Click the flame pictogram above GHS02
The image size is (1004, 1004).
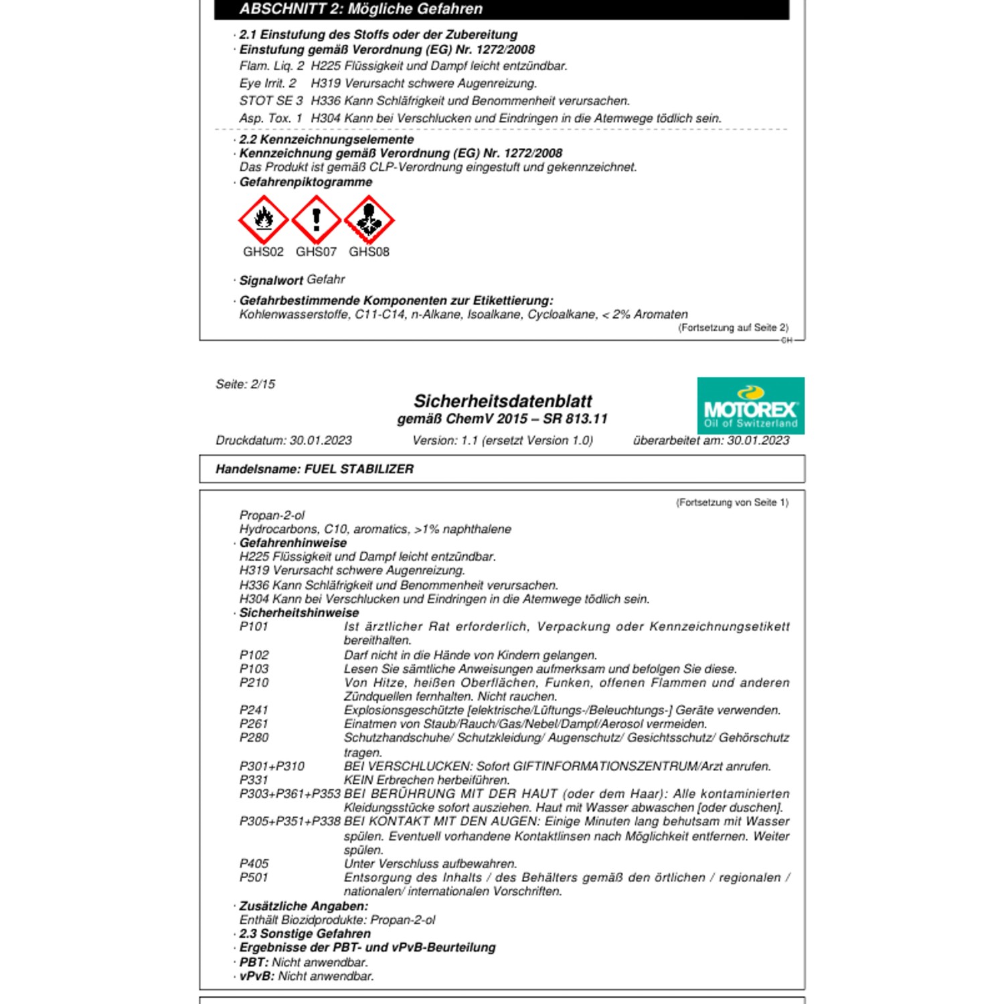(x=263, y=220)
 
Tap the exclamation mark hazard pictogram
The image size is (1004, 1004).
(x=316, y=220)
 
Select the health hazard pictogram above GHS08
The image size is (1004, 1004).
(x=369, y=220)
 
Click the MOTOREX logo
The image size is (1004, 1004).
(x=750, y=406)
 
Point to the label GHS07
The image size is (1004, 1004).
(x=316, y=252)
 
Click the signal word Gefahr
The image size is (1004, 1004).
(x=326, y=279)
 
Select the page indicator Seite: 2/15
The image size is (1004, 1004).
(x=245, y=384)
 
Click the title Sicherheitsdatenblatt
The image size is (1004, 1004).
(x=503, y=401)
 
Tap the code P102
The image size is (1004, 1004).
(x=254, y=655)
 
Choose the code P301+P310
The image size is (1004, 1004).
(x=272, y=766)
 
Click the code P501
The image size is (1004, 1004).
(x=254, y=877)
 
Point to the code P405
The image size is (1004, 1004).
(x=254, y=863)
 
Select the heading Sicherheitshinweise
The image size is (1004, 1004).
(x=299, y=612)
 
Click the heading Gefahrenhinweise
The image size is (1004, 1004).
(x=293, y=543)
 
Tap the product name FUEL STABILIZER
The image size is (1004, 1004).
(x=359, y=469)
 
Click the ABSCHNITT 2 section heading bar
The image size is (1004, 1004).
(x=501, y=9)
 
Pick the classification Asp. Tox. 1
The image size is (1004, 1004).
(x=271, y=118)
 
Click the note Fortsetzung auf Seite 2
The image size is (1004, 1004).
(x=733, y=327)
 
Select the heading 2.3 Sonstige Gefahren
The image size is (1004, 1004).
(x=305, y=933)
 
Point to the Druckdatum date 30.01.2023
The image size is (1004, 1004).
(x=321, y=440)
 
